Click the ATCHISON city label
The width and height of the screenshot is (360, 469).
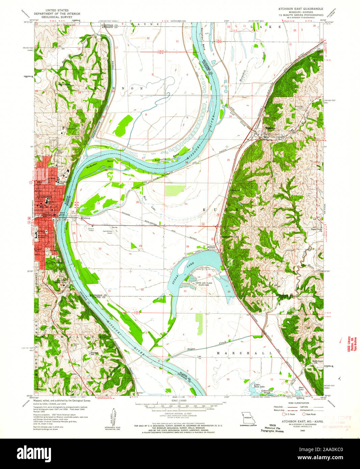pos(44,196)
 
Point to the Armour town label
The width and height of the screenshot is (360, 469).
pos(211,247)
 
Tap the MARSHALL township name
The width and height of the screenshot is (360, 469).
pos(244,353)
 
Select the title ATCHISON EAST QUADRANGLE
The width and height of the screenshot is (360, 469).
pos(300,8)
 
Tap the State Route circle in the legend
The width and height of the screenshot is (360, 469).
pos(304,414)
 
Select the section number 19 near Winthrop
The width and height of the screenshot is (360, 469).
pos(99,203)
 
